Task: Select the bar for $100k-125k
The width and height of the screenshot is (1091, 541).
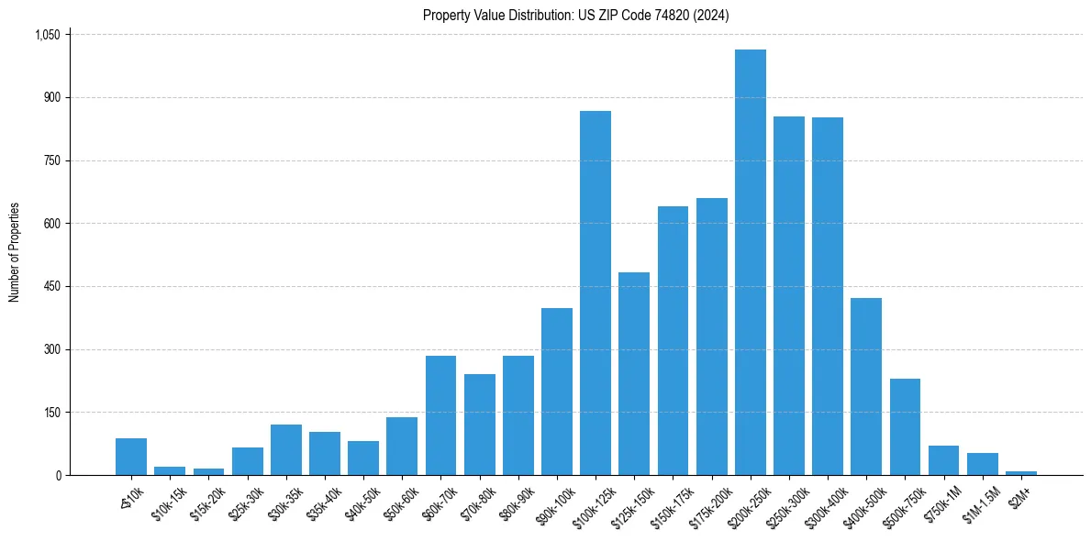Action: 596,293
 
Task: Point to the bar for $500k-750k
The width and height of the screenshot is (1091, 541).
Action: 905,426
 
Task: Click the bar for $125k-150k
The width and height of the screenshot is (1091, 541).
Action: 634,373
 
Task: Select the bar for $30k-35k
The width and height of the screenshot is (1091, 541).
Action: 286,449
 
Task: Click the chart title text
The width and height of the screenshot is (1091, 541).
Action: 575,16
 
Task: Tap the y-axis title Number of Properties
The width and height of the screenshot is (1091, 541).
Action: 15,252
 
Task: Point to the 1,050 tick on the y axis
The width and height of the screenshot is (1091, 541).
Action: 47,35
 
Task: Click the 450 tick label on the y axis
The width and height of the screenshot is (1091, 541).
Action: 51,287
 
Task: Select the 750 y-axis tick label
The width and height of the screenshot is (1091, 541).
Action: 51,160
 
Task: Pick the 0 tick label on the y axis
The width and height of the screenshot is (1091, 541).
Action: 57,475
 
